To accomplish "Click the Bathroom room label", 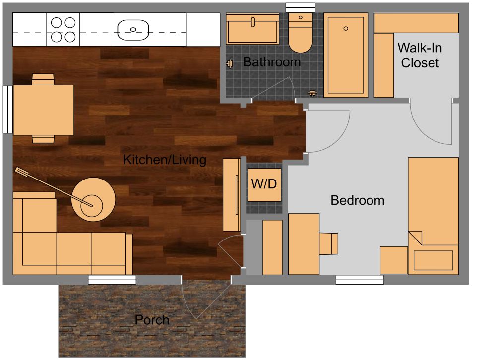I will point(272,62).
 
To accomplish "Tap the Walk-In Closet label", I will point(420,55).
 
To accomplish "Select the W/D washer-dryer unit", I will point(265,184).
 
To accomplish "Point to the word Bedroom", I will point(357,200).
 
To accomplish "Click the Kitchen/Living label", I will point(165,160).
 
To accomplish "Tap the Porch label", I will point(152,320).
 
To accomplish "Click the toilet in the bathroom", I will point(300,34).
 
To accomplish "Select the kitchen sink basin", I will point(133,30).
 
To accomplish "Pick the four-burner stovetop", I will point(63,30).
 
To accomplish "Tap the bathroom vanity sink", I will point(252,28).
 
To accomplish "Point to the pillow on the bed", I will point(434,260).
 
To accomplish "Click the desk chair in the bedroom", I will point(329,243).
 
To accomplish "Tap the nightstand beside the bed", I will point(394,260).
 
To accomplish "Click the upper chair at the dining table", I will point(43,79).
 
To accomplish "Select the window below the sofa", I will point(112,280).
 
